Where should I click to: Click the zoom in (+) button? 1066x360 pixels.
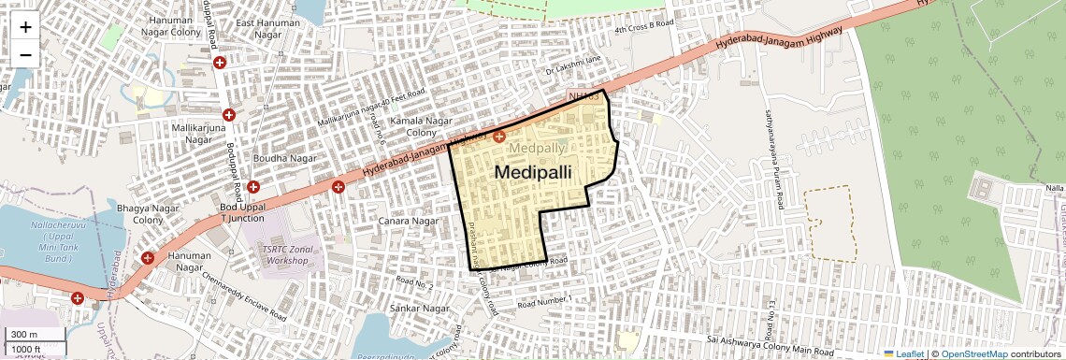[x=25, y=27]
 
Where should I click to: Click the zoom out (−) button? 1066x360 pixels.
[x=25, y=54]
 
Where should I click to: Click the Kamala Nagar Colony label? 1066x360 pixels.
[x=419, y=128]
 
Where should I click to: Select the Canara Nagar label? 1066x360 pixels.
[x=409, y=221]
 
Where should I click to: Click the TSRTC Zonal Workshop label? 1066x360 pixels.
[x=285, y=253]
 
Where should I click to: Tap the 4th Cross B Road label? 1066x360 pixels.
[x=644, y=28]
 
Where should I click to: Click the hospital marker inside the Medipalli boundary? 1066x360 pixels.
[x=499, y=137]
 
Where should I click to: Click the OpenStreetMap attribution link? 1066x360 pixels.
[x=973, y=353]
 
